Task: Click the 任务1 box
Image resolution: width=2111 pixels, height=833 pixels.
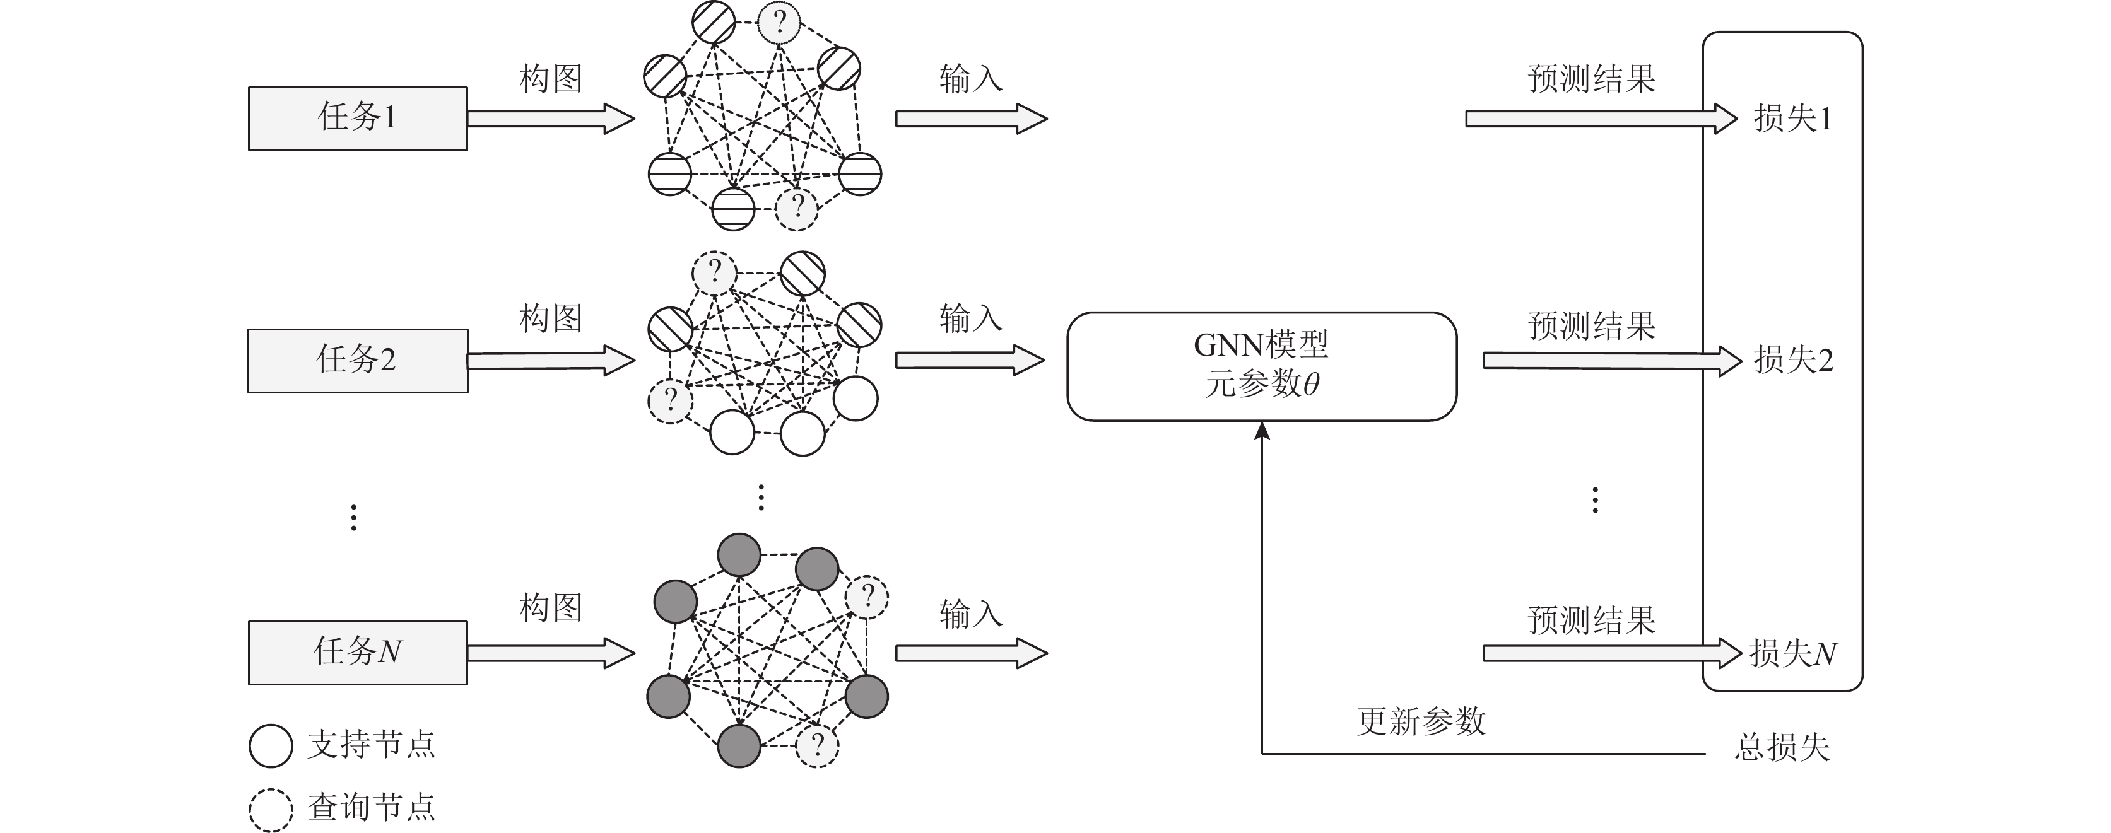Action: [357, 118]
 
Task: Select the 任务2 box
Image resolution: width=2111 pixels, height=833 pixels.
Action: [357, 361]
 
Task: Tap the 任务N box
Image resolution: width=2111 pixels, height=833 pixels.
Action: [357, 652]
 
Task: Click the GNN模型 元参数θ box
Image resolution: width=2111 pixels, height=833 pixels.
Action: [1261, 366]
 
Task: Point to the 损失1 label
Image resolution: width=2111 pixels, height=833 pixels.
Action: [1792, 119]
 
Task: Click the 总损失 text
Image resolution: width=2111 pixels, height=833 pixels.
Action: [1782, 747]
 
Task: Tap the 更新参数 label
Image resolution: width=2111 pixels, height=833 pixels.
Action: [1421, 721]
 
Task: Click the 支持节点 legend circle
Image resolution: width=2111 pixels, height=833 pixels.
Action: [271, 745]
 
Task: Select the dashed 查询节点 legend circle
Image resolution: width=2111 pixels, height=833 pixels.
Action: [271, 809]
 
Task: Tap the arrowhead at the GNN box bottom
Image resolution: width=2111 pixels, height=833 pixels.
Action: [1262, 431]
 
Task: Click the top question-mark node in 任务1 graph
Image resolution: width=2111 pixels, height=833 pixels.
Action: [779, 21]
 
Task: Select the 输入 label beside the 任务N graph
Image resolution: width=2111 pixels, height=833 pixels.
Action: [971, 614]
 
